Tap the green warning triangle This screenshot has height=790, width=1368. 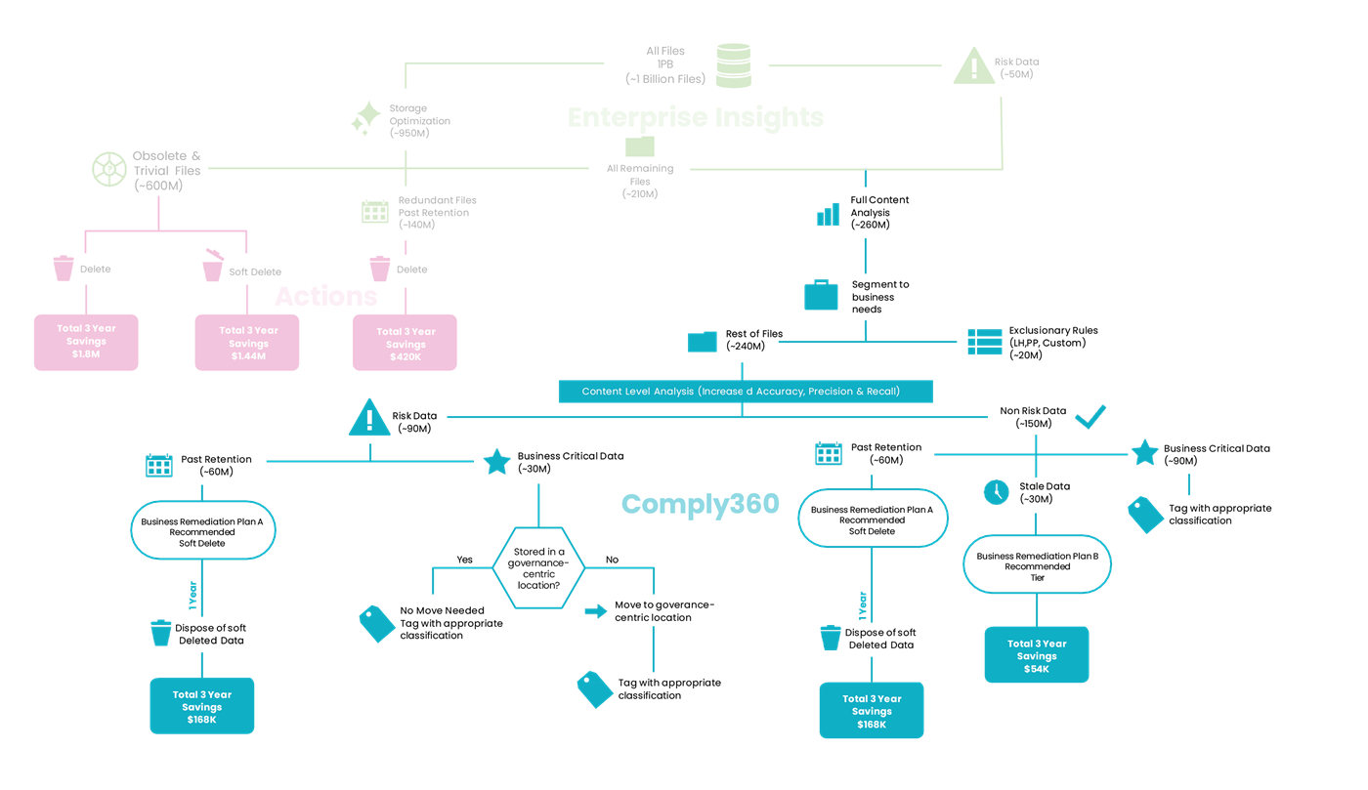[973, 66]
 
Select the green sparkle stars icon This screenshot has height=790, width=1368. [365, 118]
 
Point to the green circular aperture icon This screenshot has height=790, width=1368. [108, 168]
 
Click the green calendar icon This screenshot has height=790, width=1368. [375, 211]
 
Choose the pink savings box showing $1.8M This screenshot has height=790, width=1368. [86, 342]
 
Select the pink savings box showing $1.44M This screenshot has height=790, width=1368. [247, 343]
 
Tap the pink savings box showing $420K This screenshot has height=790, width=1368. [405, 343]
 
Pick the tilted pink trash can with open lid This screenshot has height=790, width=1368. [212, 266]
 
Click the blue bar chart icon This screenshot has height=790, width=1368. [828, 215]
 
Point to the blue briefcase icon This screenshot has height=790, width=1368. [821, 295]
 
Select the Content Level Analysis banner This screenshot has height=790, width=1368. [746, 392]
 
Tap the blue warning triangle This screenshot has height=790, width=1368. [369, 419]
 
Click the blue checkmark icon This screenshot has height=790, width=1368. [1090, 418]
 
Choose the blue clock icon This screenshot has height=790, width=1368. [996, 491]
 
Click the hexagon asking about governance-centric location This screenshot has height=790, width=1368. [538, 568]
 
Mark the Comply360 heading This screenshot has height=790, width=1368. [700, 504]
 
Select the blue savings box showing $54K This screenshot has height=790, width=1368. [1036, 654]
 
